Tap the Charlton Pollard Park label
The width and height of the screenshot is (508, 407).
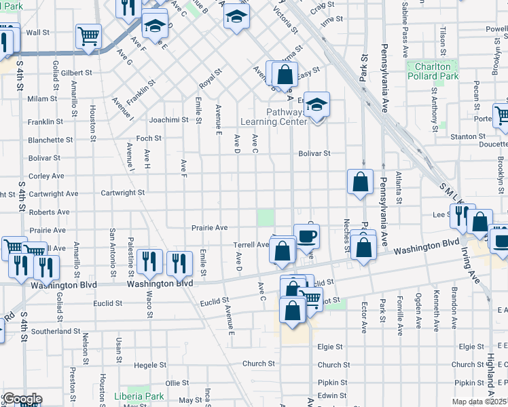coord(433,71)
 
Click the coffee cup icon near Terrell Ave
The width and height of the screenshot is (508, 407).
coord(306,236)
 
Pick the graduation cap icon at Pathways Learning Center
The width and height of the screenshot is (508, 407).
coord(316,104)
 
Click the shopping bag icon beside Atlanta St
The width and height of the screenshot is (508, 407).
coord(360,182)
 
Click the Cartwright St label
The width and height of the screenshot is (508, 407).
coord(123,193)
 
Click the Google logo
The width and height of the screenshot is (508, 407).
coord(22,399)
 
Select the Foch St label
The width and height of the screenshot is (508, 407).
coord(149,138)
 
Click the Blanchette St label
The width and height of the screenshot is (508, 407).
coord(50,140)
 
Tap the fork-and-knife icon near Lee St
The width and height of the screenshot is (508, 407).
coord(459,215)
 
